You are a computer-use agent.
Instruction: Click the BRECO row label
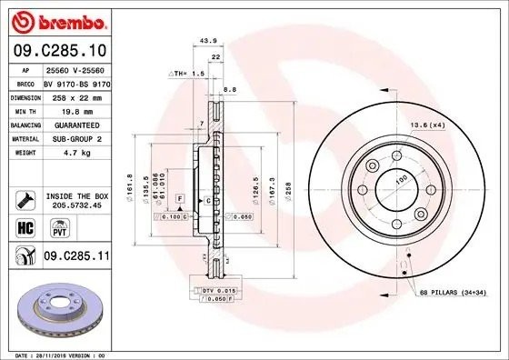[x=25, y=82]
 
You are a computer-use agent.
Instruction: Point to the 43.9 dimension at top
[x=207, y=41]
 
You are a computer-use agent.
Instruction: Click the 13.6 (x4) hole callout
[x=451, y=124]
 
